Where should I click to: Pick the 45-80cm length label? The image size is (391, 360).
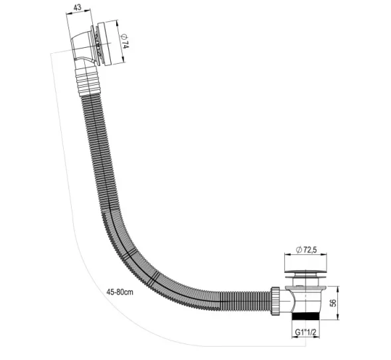click(122, 292)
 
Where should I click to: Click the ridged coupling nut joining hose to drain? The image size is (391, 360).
click(274, 300)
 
